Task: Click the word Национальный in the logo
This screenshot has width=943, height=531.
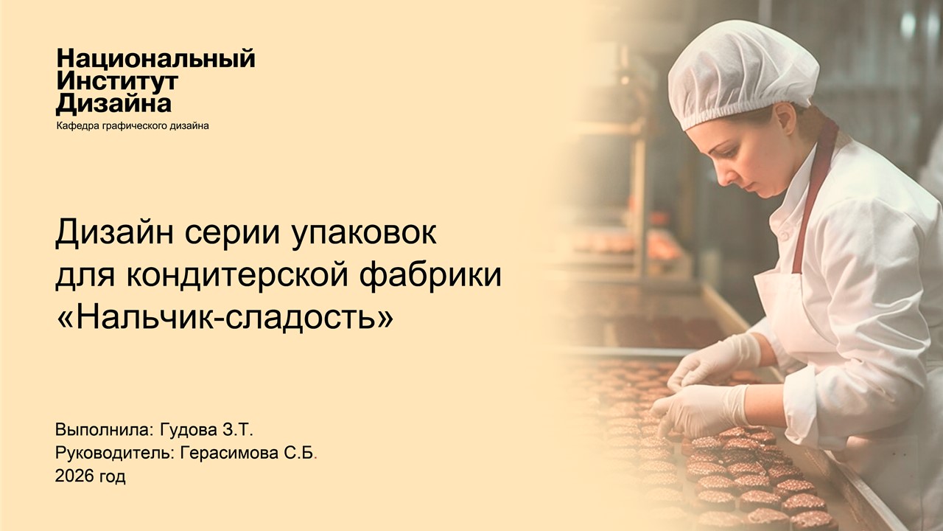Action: (155, 59)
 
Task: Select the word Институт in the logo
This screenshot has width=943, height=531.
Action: (117, 81)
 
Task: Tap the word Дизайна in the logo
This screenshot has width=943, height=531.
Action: (114, 103)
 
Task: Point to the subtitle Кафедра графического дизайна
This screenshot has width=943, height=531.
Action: (133, 126)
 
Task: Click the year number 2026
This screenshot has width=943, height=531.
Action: (74, 476)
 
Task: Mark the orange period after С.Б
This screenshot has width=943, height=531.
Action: (316, 458)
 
